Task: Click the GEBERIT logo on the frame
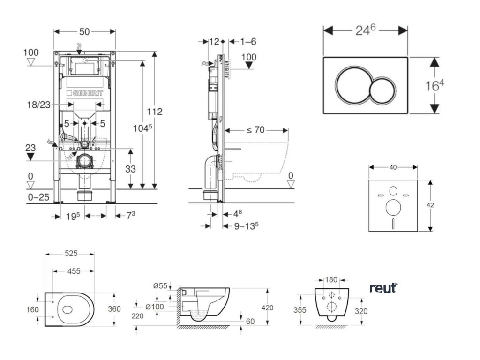84,94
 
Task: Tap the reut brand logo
383,288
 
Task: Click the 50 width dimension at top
84,31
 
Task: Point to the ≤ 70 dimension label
255,130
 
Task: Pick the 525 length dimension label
71,254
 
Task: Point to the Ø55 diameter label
160,285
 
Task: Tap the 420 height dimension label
268,307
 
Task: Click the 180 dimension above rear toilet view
331,280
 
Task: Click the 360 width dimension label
114,309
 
